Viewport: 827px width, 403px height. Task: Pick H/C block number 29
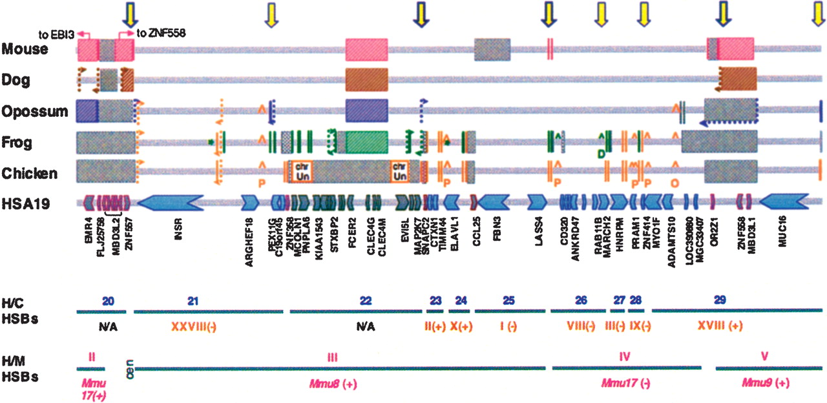tap(720, 300)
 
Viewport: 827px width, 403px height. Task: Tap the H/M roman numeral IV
tap(624, 356)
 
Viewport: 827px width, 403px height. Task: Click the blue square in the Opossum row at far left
tap(87, 111)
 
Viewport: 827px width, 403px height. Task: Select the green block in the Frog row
tap(366, 142)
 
